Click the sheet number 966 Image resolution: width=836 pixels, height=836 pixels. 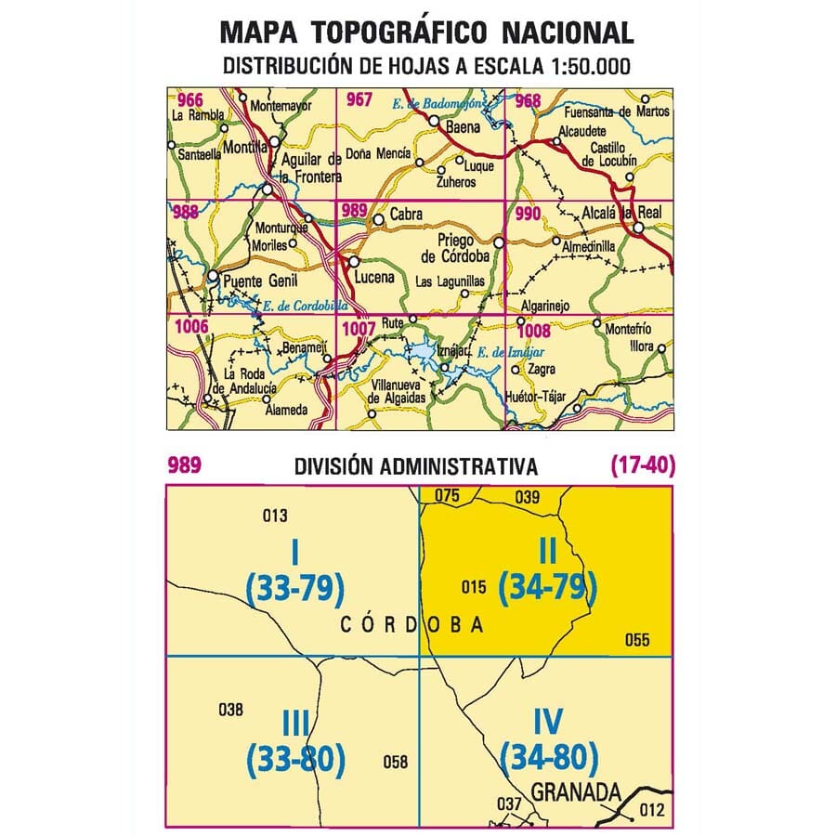click(x=190, y=100)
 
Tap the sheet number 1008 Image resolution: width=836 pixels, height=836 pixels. click(x=534, y=330)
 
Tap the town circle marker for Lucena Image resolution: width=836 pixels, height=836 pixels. click(x=354, y=262)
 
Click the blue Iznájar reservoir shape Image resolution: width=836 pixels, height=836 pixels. click(x=423, y=353)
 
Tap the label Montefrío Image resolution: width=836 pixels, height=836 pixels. click(x=622, y=329)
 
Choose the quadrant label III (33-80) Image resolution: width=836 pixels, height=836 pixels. click(x=295, y=744)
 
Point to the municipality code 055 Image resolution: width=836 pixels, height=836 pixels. click(x=637, y=639)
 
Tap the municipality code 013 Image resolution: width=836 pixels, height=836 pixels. click(x=276, y=516)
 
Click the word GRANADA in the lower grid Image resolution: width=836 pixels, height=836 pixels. click(x=576, y=793)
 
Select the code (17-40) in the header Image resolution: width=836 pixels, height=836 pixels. click(x=642, y=465)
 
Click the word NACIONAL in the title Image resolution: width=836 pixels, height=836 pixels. click(x=568, y=33)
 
